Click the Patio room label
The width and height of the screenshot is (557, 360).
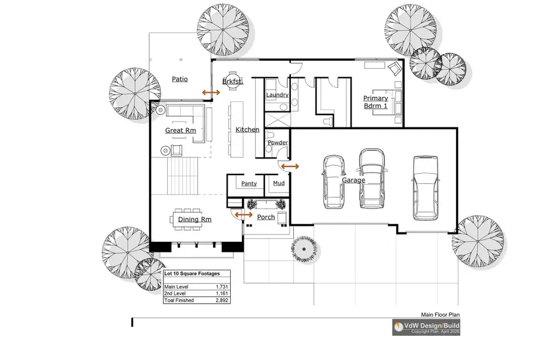click(x=179, y=79)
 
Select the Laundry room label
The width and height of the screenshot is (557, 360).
click(x=277, y=95)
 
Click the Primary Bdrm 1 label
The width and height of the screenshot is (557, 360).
click(x=376, y=102)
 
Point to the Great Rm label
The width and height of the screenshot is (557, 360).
click(x=180, y=131)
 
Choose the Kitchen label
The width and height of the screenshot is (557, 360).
click(x=248, y=130)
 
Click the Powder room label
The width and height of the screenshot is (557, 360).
click(x=277, y=143)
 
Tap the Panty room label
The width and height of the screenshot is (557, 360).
click(x=249, y=184)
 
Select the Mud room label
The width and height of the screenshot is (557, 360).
click(x=278, y=184)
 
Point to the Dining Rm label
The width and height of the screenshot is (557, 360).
click(x=194, y=220)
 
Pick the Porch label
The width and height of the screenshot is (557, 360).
click(x=266, y=217)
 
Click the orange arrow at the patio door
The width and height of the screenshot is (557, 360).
click(x=211, y=92)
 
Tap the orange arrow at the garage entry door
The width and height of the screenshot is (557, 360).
click(x=290, y=166)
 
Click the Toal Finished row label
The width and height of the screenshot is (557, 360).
click(x=179, y=301)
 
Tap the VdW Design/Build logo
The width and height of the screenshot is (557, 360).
click(x=425, y=327)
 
